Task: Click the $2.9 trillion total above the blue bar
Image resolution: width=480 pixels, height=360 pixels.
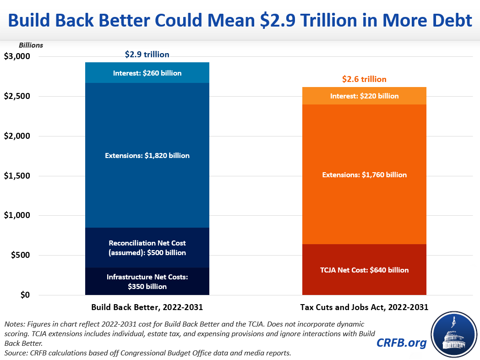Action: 147,55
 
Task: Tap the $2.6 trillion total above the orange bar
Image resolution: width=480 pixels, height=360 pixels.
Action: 364,79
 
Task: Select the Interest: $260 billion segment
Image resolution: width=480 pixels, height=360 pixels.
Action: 147,73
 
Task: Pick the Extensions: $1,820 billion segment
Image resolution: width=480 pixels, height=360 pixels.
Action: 147,155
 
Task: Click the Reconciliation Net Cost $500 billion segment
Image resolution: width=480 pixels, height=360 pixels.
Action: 147,248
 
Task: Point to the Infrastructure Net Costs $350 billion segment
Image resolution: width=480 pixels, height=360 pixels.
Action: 147,281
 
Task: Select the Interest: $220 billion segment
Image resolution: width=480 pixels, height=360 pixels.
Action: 364,96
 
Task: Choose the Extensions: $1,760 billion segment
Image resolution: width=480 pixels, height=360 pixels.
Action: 364,175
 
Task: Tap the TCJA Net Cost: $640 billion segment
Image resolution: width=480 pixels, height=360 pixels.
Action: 364,270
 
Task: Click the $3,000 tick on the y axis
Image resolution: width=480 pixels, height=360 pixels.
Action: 16,56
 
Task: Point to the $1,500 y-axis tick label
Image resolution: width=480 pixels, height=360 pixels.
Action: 16,176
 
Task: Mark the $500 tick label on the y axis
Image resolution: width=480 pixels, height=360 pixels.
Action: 20,255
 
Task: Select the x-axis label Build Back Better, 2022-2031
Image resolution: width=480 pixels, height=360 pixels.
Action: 147,307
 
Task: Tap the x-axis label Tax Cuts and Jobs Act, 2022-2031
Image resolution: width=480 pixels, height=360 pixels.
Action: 364,307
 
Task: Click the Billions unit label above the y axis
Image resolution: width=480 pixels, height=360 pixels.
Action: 31,45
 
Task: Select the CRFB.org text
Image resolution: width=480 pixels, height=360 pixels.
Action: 402,343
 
